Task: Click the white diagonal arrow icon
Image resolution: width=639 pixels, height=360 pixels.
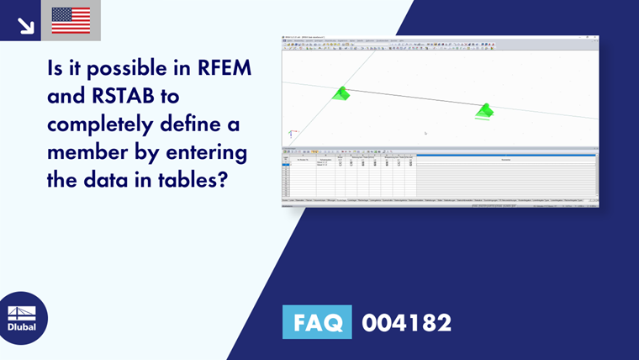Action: click(x=25, y=24)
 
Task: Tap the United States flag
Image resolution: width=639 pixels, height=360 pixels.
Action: click(x=71, y=20)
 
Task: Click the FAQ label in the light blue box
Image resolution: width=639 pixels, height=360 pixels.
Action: click(x=316, y=322)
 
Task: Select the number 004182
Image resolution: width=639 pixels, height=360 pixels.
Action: click(x=406, y=322)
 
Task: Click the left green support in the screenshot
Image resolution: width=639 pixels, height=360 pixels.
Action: click(x=341, y=93)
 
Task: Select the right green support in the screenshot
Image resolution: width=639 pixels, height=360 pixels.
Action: click(x=484, y=111)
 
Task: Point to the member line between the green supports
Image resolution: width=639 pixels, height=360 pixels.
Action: click(x=412, y=100)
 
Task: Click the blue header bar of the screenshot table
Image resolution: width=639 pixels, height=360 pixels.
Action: click(x=505, y=155)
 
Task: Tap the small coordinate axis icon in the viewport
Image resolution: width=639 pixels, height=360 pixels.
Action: click(x=291, y=133)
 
